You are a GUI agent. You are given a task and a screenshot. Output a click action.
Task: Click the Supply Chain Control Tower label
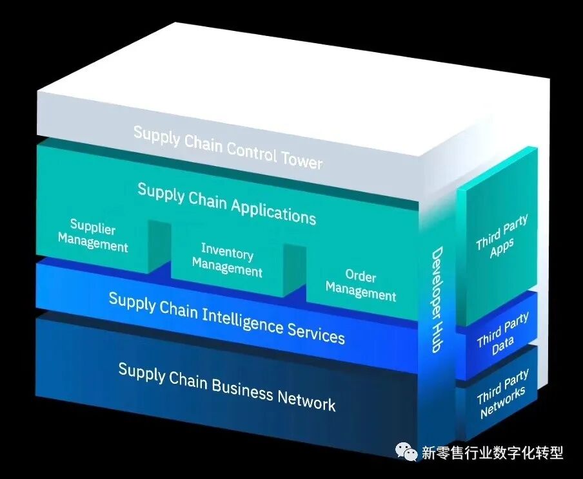coord(228,147)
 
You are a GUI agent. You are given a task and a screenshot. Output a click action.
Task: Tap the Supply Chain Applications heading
coord(226,203)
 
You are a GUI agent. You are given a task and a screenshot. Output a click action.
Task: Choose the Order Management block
coord(361,285)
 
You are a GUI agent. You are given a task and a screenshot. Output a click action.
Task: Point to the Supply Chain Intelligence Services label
coord(226,317)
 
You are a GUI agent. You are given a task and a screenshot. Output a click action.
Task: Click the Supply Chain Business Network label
coord(226,386)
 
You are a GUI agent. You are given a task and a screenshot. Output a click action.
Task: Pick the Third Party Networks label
coord(502,393)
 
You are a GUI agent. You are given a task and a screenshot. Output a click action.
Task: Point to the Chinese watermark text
coord(492,453)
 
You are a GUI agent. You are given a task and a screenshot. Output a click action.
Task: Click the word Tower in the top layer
coord(301,158)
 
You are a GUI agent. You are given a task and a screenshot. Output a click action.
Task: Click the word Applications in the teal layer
coord(273,210)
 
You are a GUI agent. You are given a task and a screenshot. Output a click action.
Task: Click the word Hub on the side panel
coord(437,335)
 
